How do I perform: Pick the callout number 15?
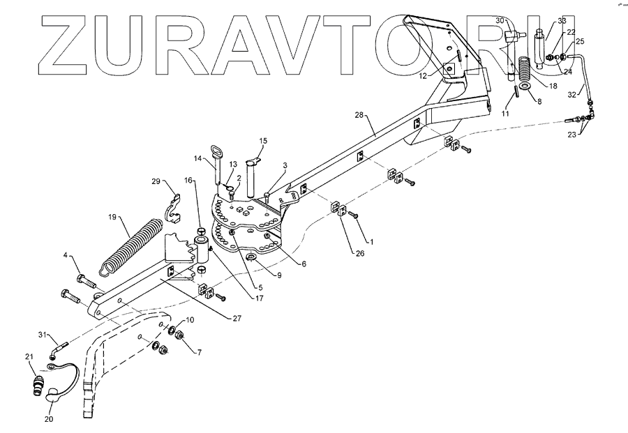(x=262, y=141)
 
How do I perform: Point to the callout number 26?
(x=360, y=253)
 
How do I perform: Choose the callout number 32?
(x=573, y=94)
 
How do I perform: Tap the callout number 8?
(x=538, y=102)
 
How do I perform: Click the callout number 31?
(x=41, y=335)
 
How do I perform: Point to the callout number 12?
(x=422, y=75)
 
